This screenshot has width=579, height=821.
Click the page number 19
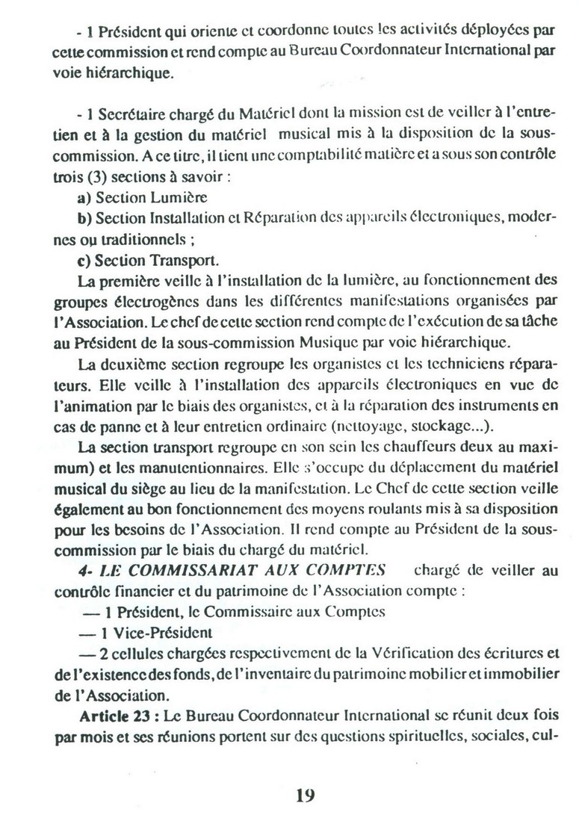click(x=304, y=795)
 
